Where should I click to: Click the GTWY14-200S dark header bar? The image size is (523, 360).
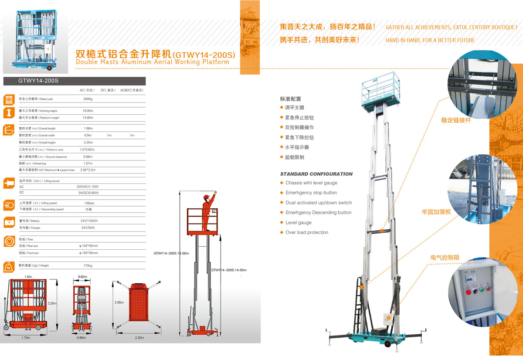pyautogui.click(x=74, y=81)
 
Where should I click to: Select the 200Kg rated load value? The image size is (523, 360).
pyautogui.click(x=88, y=99)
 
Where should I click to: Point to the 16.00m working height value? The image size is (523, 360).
pyautogui.click(x=88, y=111)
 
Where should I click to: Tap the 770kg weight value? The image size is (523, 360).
pyautogui.click(x=88, y=265)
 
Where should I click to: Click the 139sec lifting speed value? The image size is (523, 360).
pyautogui.click(x=89, y=203)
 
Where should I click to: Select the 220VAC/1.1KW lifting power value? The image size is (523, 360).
pyautogui.click(x=88, y=187)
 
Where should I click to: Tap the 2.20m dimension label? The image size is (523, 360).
pyautogui.click(x=139, y=338)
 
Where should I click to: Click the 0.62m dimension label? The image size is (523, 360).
pyautogui.click(x=82, y=277)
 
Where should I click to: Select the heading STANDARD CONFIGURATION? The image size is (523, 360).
pyautogui.click(x=316, y=174)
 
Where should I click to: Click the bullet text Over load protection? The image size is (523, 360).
pyautogui.click(x=307, y=232)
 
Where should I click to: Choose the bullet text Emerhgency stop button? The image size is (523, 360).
pyautogui.click(x=311, y=193)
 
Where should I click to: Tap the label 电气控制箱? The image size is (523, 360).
pyautogui.click(x=445, y=258)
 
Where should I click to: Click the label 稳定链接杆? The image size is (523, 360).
pyautogui.click(x=456, y=120)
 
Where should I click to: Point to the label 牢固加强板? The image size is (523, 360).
pyautogui.click(x=436, y=212)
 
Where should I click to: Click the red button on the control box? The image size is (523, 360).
pyautogui.click(x=469, y=292)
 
